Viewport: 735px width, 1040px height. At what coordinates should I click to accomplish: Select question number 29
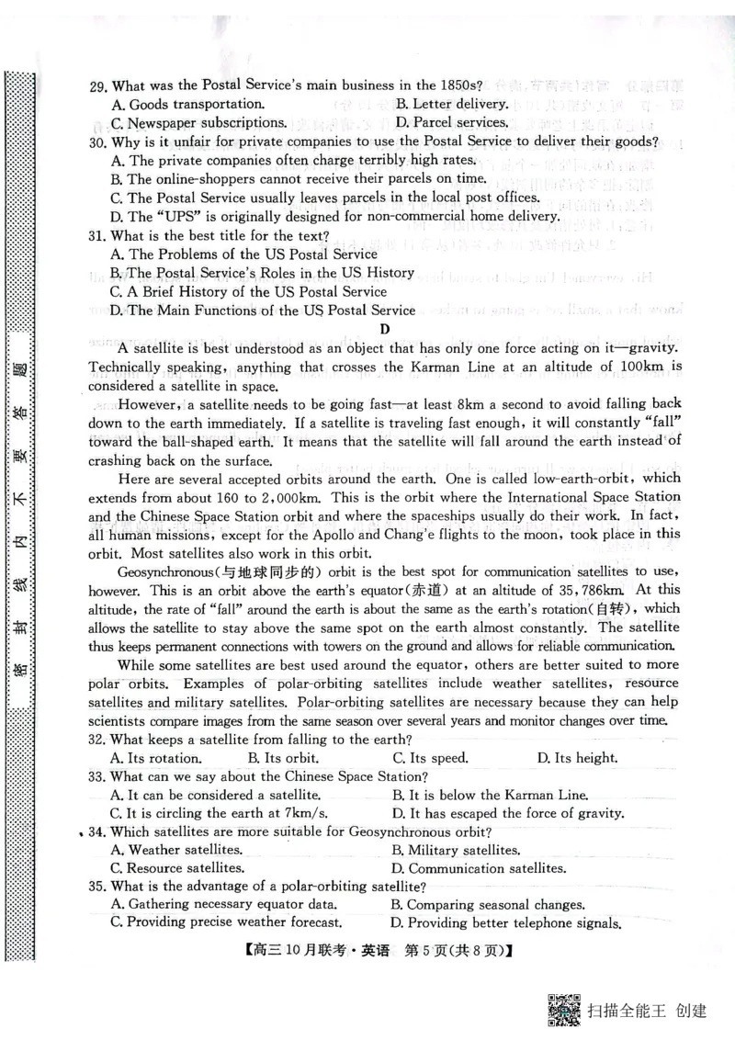coord(98,86)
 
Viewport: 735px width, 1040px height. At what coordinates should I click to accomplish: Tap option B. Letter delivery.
coord(451,104)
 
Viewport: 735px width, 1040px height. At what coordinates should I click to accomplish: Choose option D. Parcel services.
coord(451,122)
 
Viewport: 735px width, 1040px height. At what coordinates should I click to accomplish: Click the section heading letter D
coord(385,329)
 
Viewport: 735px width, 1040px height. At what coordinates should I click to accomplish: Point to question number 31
coord(98,235)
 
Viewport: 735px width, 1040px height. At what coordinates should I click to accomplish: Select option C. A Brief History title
coord(248,291)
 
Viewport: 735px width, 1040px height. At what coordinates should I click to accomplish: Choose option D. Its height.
coord(577,758)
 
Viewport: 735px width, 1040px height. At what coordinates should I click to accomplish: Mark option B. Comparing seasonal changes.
coord(487,905)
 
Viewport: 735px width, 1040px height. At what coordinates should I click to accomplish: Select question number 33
coord(98,776)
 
